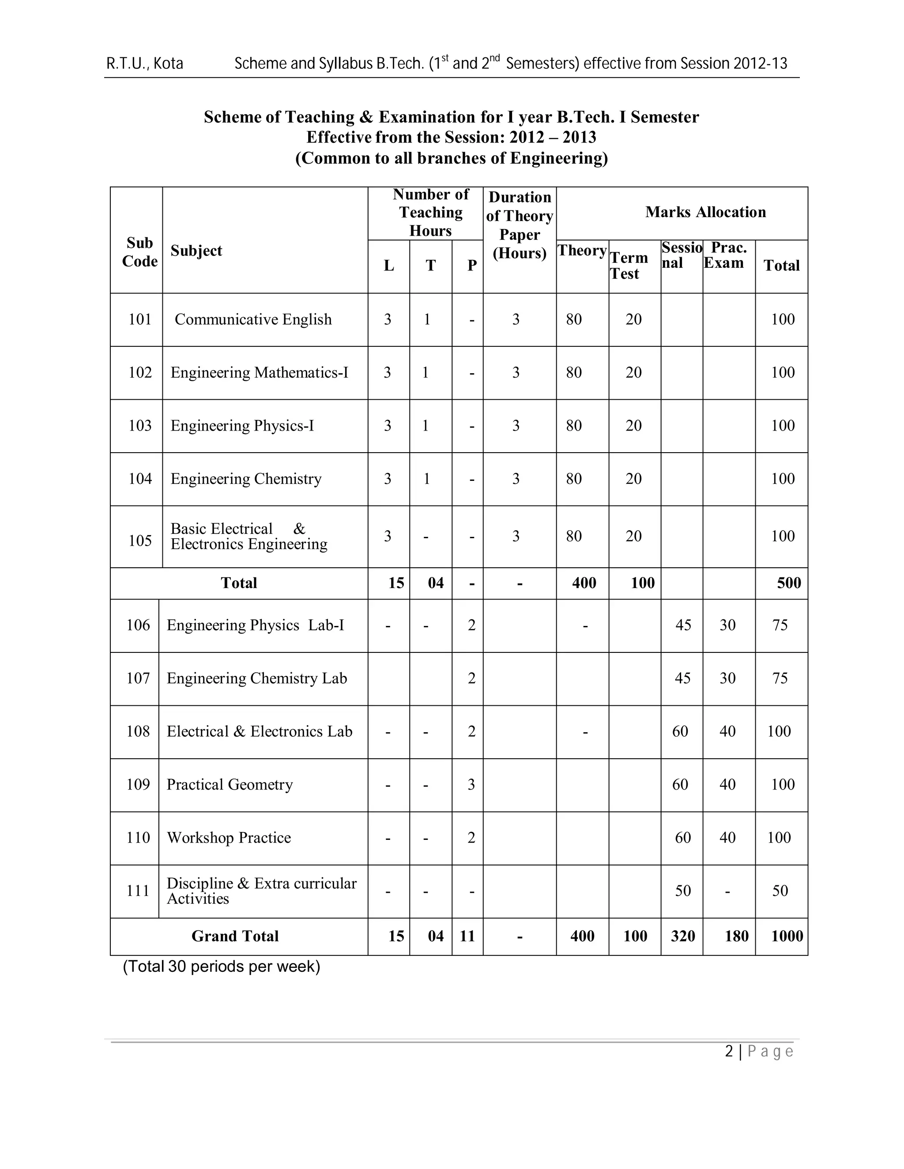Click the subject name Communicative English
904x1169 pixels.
pyautogui.click(x=253, y=319)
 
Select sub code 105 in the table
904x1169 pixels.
pyautogui.click(x=140, y=541)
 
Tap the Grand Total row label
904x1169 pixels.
pyautogui.click(x=235, y=936)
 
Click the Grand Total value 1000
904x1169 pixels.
pyautogui.click(x=787, y=936)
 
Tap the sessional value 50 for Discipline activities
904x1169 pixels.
pyautogui.click(x=683, y=891)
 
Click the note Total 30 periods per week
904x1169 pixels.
pyautogui.click(x=221, y=967)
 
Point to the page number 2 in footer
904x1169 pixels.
pyautogui.click(x=729, y=1052)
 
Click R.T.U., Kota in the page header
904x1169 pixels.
pyautogui.click(x=145, y=64)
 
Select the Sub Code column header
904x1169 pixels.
pyautogui.click(x=140, y=252)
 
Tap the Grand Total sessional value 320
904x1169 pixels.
pyautogui.click(x=683, y=936)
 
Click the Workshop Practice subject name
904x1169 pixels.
pyautogui.click(x=229, y=838)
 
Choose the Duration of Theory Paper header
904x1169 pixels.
pyautogui.click(x=520, y=225)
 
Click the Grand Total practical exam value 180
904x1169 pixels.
pyautogui.click(x=736, y=936)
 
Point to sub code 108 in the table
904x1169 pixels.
pyautogui.click(x=138, y=732)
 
